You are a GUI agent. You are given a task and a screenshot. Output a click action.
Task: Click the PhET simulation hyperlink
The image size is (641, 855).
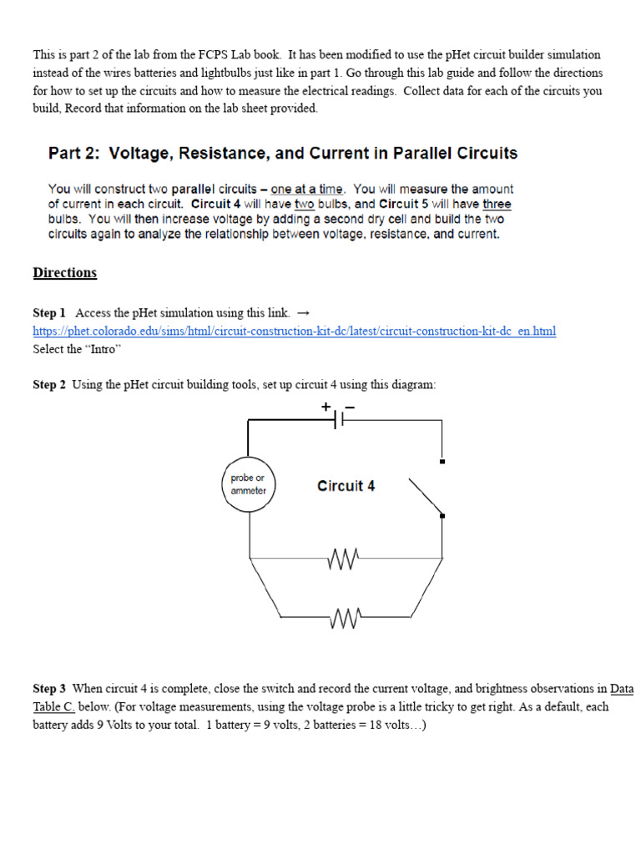[x=294, y=331]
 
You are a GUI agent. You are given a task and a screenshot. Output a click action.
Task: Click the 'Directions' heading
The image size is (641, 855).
[x=65, y=273]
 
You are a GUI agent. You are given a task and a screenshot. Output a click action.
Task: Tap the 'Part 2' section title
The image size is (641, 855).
[x=283, y=154]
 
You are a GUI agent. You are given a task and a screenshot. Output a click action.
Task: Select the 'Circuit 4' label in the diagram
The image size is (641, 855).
[x=346, y=486]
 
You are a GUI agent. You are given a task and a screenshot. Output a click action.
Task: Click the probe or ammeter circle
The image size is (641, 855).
[x=249, y=485]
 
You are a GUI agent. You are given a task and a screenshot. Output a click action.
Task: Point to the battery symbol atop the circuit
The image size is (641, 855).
[x=339, y=421]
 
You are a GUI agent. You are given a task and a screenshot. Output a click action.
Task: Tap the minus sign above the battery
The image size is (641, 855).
[x=350, y=407]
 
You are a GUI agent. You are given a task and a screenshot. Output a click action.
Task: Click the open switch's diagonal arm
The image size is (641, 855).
[x=425, y=496]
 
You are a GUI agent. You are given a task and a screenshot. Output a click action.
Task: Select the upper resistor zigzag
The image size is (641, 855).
[x=345, y=558]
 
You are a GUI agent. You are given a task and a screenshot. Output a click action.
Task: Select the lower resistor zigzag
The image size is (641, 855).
[x=345, y=618]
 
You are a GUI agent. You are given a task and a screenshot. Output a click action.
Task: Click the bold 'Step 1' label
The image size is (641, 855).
[x=49, y=313]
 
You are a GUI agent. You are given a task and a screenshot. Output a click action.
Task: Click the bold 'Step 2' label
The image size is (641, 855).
[x=49, y=385]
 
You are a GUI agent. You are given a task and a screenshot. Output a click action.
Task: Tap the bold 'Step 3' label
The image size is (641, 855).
[x=49, y=689]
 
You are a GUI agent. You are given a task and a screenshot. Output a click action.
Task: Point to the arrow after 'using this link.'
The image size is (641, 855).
[x=303, y=313]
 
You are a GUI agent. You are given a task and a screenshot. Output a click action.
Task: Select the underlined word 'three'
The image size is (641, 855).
[x=497, y=205]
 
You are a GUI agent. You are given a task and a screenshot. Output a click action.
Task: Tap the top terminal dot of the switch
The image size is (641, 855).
[x=442, y=461]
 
